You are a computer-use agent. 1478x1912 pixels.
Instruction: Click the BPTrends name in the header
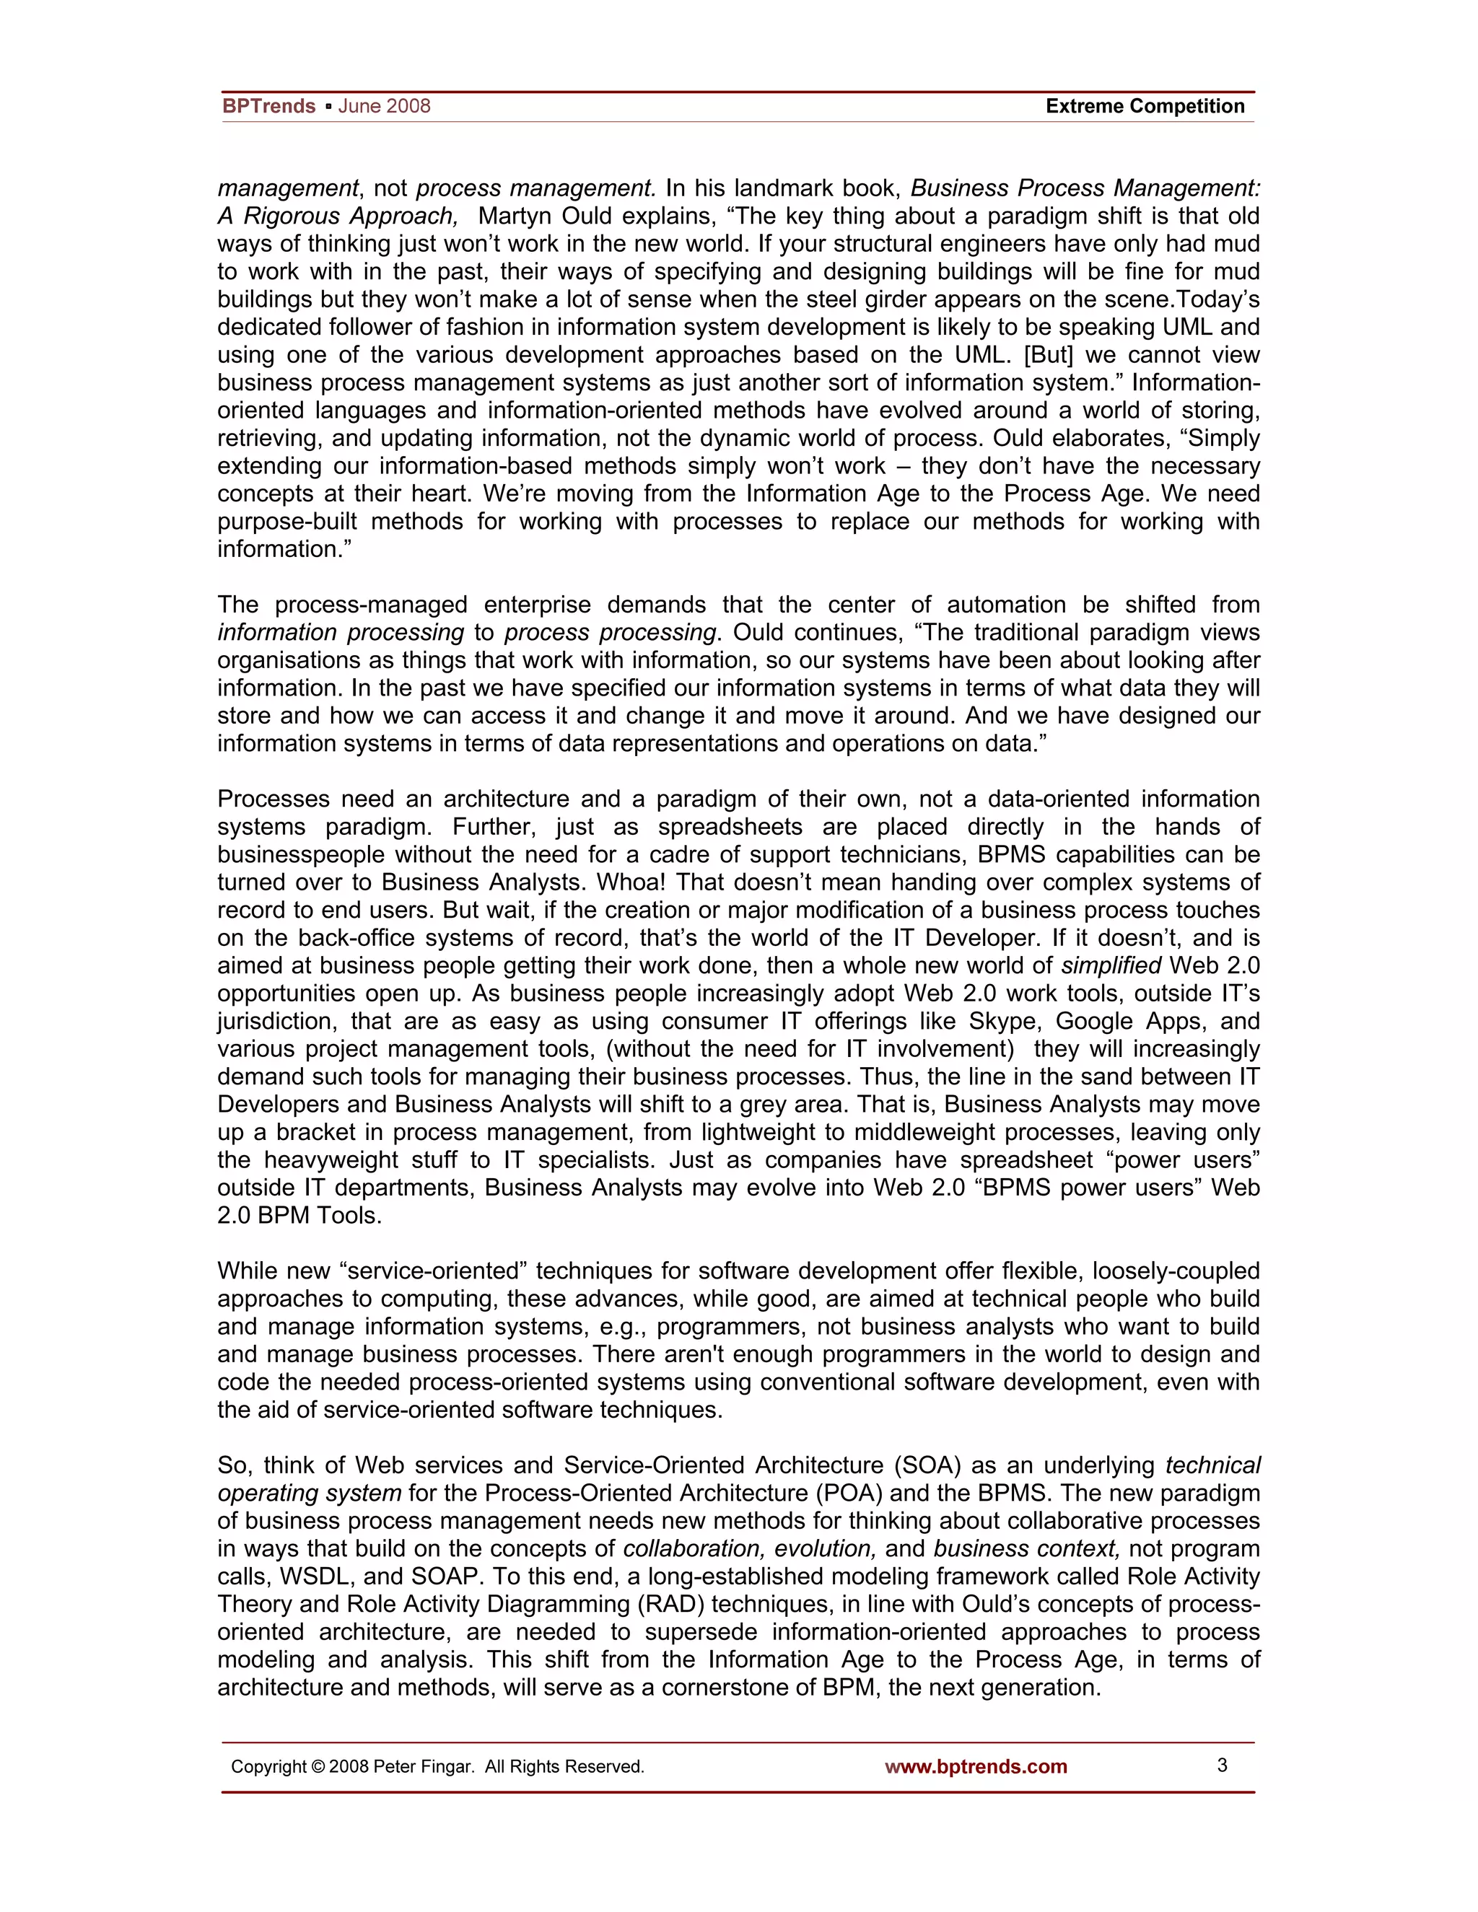268,106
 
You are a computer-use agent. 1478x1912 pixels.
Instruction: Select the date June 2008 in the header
385,106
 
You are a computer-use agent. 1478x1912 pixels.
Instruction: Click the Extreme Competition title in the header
1145,106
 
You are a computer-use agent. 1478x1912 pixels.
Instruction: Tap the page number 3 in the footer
1223,1765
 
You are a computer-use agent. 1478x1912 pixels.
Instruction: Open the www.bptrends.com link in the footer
976,1767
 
